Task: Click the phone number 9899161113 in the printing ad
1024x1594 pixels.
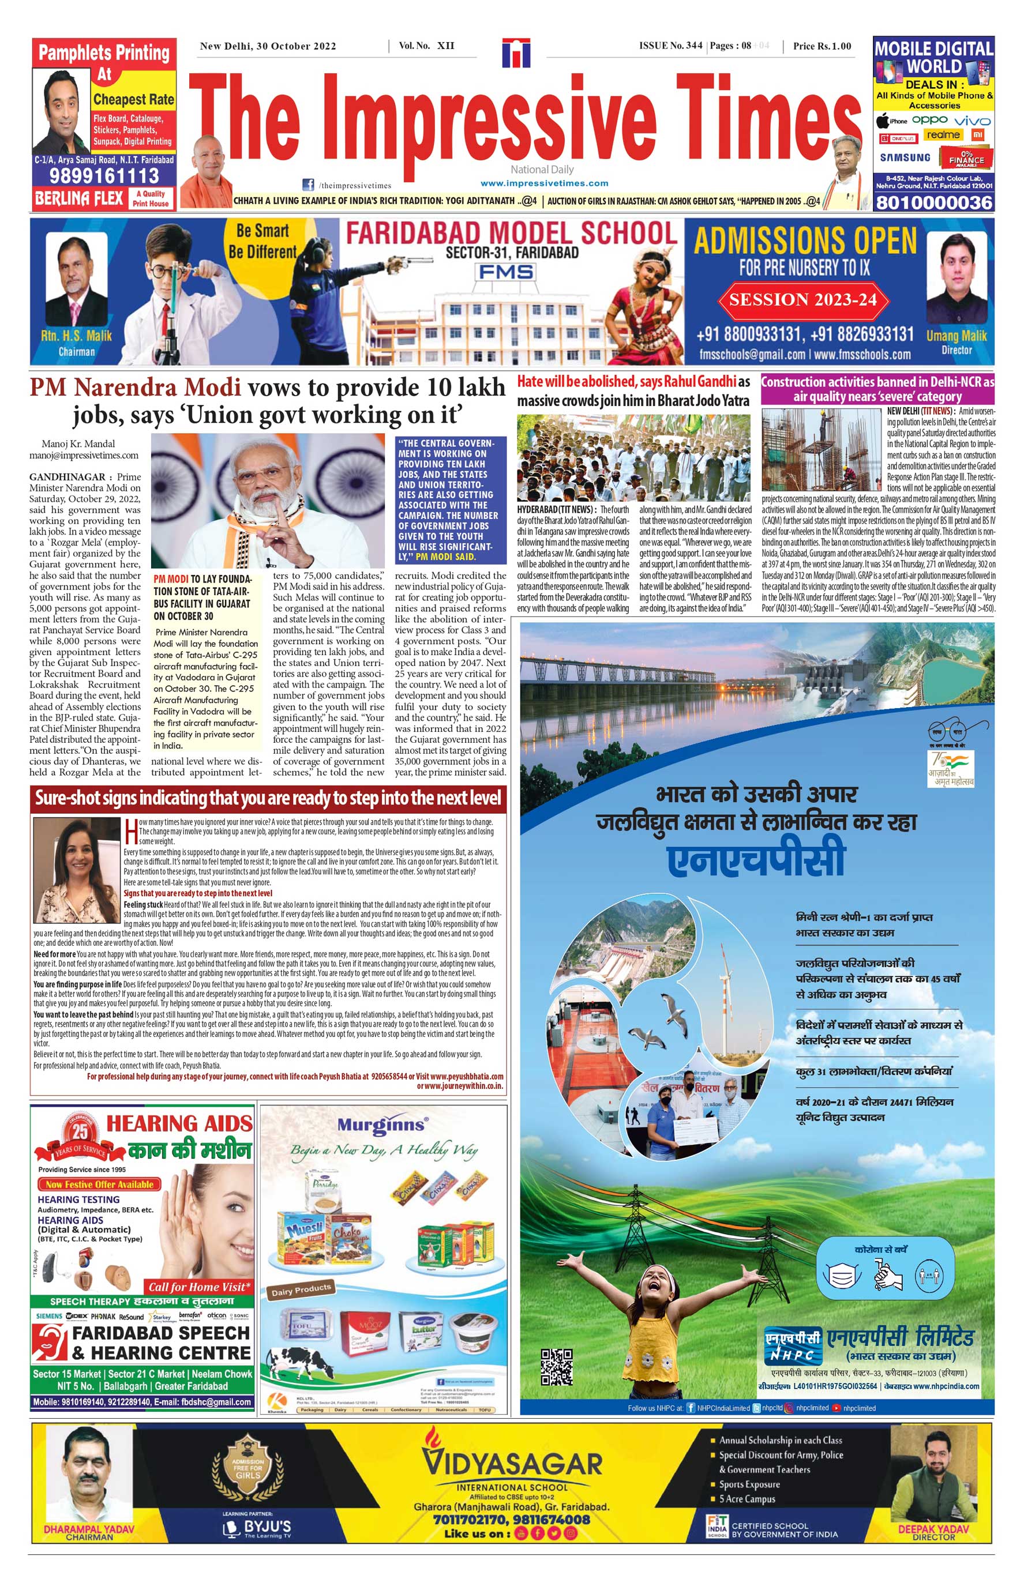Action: (x=104, y=175)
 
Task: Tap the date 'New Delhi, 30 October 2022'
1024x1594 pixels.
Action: (x=268, y=46)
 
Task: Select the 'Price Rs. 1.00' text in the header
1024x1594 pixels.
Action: (x=822, y=46)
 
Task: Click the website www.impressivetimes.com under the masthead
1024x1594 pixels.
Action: (x=544, y=183)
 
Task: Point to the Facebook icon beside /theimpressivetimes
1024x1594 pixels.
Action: (x=309, y=185)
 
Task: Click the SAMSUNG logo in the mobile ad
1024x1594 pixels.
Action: (x=905, y=157)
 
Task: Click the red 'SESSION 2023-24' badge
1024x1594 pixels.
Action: (x=802, y=300)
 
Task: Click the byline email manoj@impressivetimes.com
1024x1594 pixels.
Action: (x=84, y=456)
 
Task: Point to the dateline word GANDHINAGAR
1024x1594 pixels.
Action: (x=67, y=476)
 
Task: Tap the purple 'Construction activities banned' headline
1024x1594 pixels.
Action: (x=877, y=389)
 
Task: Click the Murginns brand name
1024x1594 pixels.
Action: (x=381, y=1125)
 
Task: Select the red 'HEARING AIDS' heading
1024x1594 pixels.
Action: (x=179, y=1123)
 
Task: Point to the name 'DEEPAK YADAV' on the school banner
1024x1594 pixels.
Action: (x=933, y=1529)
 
